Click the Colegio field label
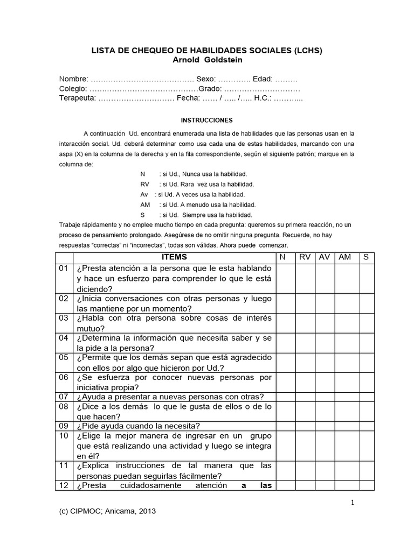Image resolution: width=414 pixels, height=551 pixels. point(73,89)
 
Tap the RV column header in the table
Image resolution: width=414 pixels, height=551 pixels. point(305,257)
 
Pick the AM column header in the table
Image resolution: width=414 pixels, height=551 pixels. point(344,257)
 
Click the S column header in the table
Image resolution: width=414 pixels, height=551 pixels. point(366,257)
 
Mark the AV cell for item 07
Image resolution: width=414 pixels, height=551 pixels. point(325,397)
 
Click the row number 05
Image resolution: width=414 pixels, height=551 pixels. point(64,358)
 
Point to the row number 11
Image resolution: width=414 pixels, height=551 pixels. point(64,465)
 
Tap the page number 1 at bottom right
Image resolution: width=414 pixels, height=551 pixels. point(352,503)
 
